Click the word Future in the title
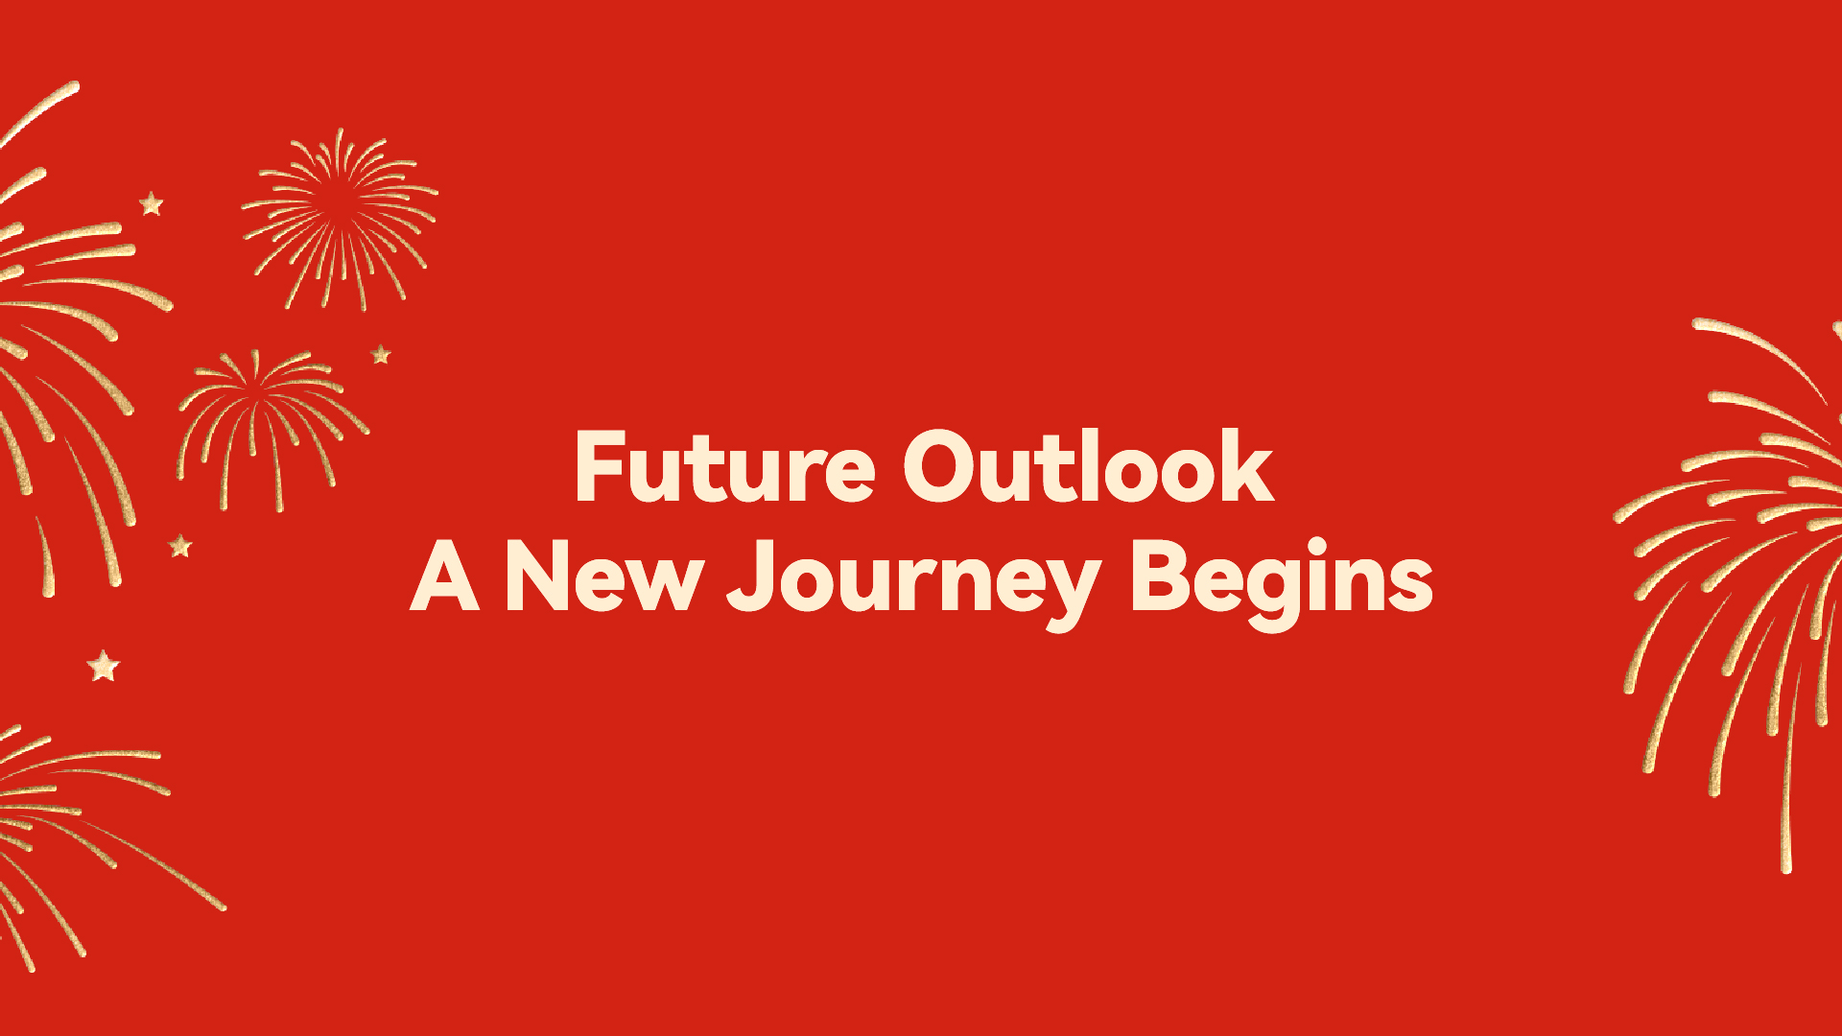[x=724, y=467]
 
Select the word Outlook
[x=1089, y=466]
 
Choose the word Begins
[x=1283, y=583]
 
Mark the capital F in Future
[x=601, y=466]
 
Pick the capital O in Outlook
[x=941, y=467]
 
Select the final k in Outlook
[x=1246, y=465]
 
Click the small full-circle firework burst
[x=340, y=219]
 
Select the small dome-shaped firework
[x=272, y=428]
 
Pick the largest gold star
[x=104, y=666]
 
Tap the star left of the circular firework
[x=152, y=203]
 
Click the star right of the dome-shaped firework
[x=381, y=355]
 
